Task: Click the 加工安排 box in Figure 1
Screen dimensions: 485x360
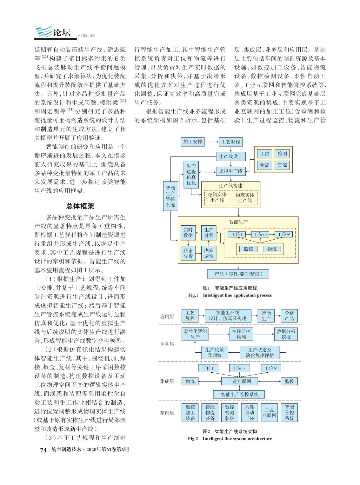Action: coord(193,142)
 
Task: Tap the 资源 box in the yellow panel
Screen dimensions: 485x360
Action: coord(282,165)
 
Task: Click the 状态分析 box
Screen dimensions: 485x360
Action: coord(188,253)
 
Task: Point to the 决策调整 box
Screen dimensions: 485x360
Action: coord(209,253)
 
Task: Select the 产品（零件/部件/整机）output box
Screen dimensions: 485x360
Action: coord(238,274)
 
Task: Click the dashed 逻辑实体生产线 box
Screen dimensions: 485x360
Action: coord(217,197)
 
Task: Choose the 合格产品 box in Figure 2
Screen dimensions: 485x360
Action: coord(289,316)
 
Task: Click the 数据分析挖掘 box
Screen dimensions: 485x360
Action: coord(286,334)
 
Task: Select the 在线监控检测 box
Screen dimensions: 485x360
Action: coord(241,334)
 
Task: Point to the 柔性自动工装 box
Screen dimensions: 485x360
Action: coord(249,412)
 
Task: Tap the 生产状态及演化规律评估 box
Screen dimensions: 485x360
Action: coord(260,352)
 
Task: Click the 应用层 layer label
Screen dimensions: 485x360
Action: coord(167,316)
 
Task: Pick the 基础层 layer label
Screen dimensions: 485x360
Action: coord(167,413)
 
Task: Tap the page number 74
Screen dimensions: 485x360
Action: coord(43,450)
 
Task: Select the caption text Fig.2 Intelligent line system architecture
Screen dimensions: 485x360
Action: coord(230,439)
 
